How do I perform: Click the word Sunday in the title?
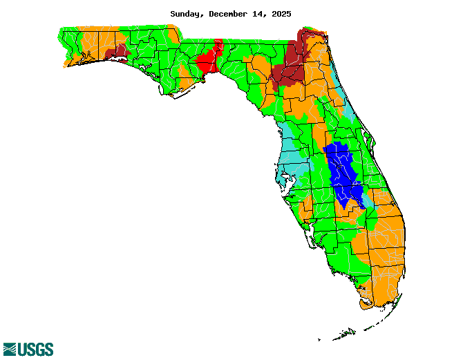(x=185, y=14)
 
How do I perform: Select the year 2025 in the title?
(x=280, y=14)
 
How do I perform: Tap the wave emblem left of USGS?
(x=10, y=349)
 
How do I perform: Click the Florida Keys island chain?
(x=346, y=334)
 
